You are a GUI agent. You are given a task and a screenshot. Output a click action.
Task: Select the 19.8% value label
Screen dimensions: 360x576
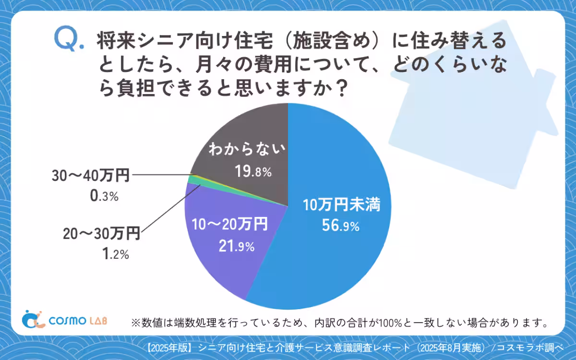click(253, 171)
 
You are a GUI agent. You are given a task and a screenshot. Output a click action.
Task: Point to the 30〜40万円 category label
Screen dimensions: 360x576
click(91, 176)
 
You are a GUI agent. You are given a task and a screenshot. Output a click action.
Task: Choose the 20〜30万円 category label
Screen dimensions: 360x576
click(101, 234)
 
